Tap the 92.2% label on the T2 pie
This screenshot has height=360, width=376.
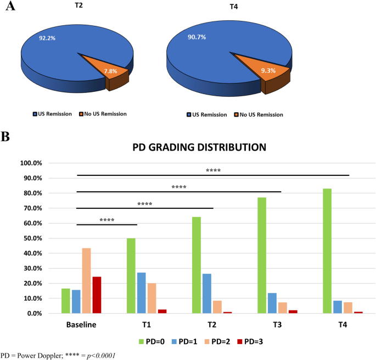click(x=47, y=38)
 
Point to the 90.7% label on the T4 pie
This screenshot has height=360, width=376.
click(x=197, y=37)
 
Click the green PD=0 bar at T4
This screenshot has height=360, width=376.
click(x=327, y=251)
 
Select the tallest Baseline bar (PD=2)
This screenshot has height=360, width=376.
click(x=86, y=280)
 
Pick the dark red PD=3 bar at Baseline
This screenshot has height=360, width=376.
click(x=97, y=295)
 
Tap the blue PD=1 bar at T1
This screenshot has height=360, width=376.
click(x=141, y=293)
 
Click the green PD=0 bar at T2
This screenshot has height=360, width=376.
click(x=197, y=265)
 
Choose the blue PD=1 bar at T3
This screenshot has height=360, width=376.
click(x=272, y=303)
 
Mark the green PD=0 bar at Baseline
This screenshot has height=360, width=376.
click(x=66, y=301)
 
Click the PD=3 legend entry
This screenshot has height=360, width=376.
click(x=250, y=341)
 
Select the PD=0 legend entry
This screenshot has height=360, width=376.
click(x=151, y=341)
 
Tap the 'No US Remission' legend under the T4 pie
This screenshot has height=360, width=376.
click(x=259, y=115)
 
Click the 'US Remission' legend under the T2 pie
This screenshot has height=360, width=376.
click(x=52, y=114)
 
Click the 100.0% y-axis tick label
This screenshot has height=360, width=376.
click(x=31, y=163)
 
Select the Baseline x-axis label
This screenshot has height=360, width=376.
click(x=81, y=325)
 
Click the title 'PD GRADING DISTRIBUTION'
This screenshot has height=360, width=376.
click(x=199, y=147)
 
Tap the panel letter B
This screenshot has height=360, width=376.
click(x=5, y=136)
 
